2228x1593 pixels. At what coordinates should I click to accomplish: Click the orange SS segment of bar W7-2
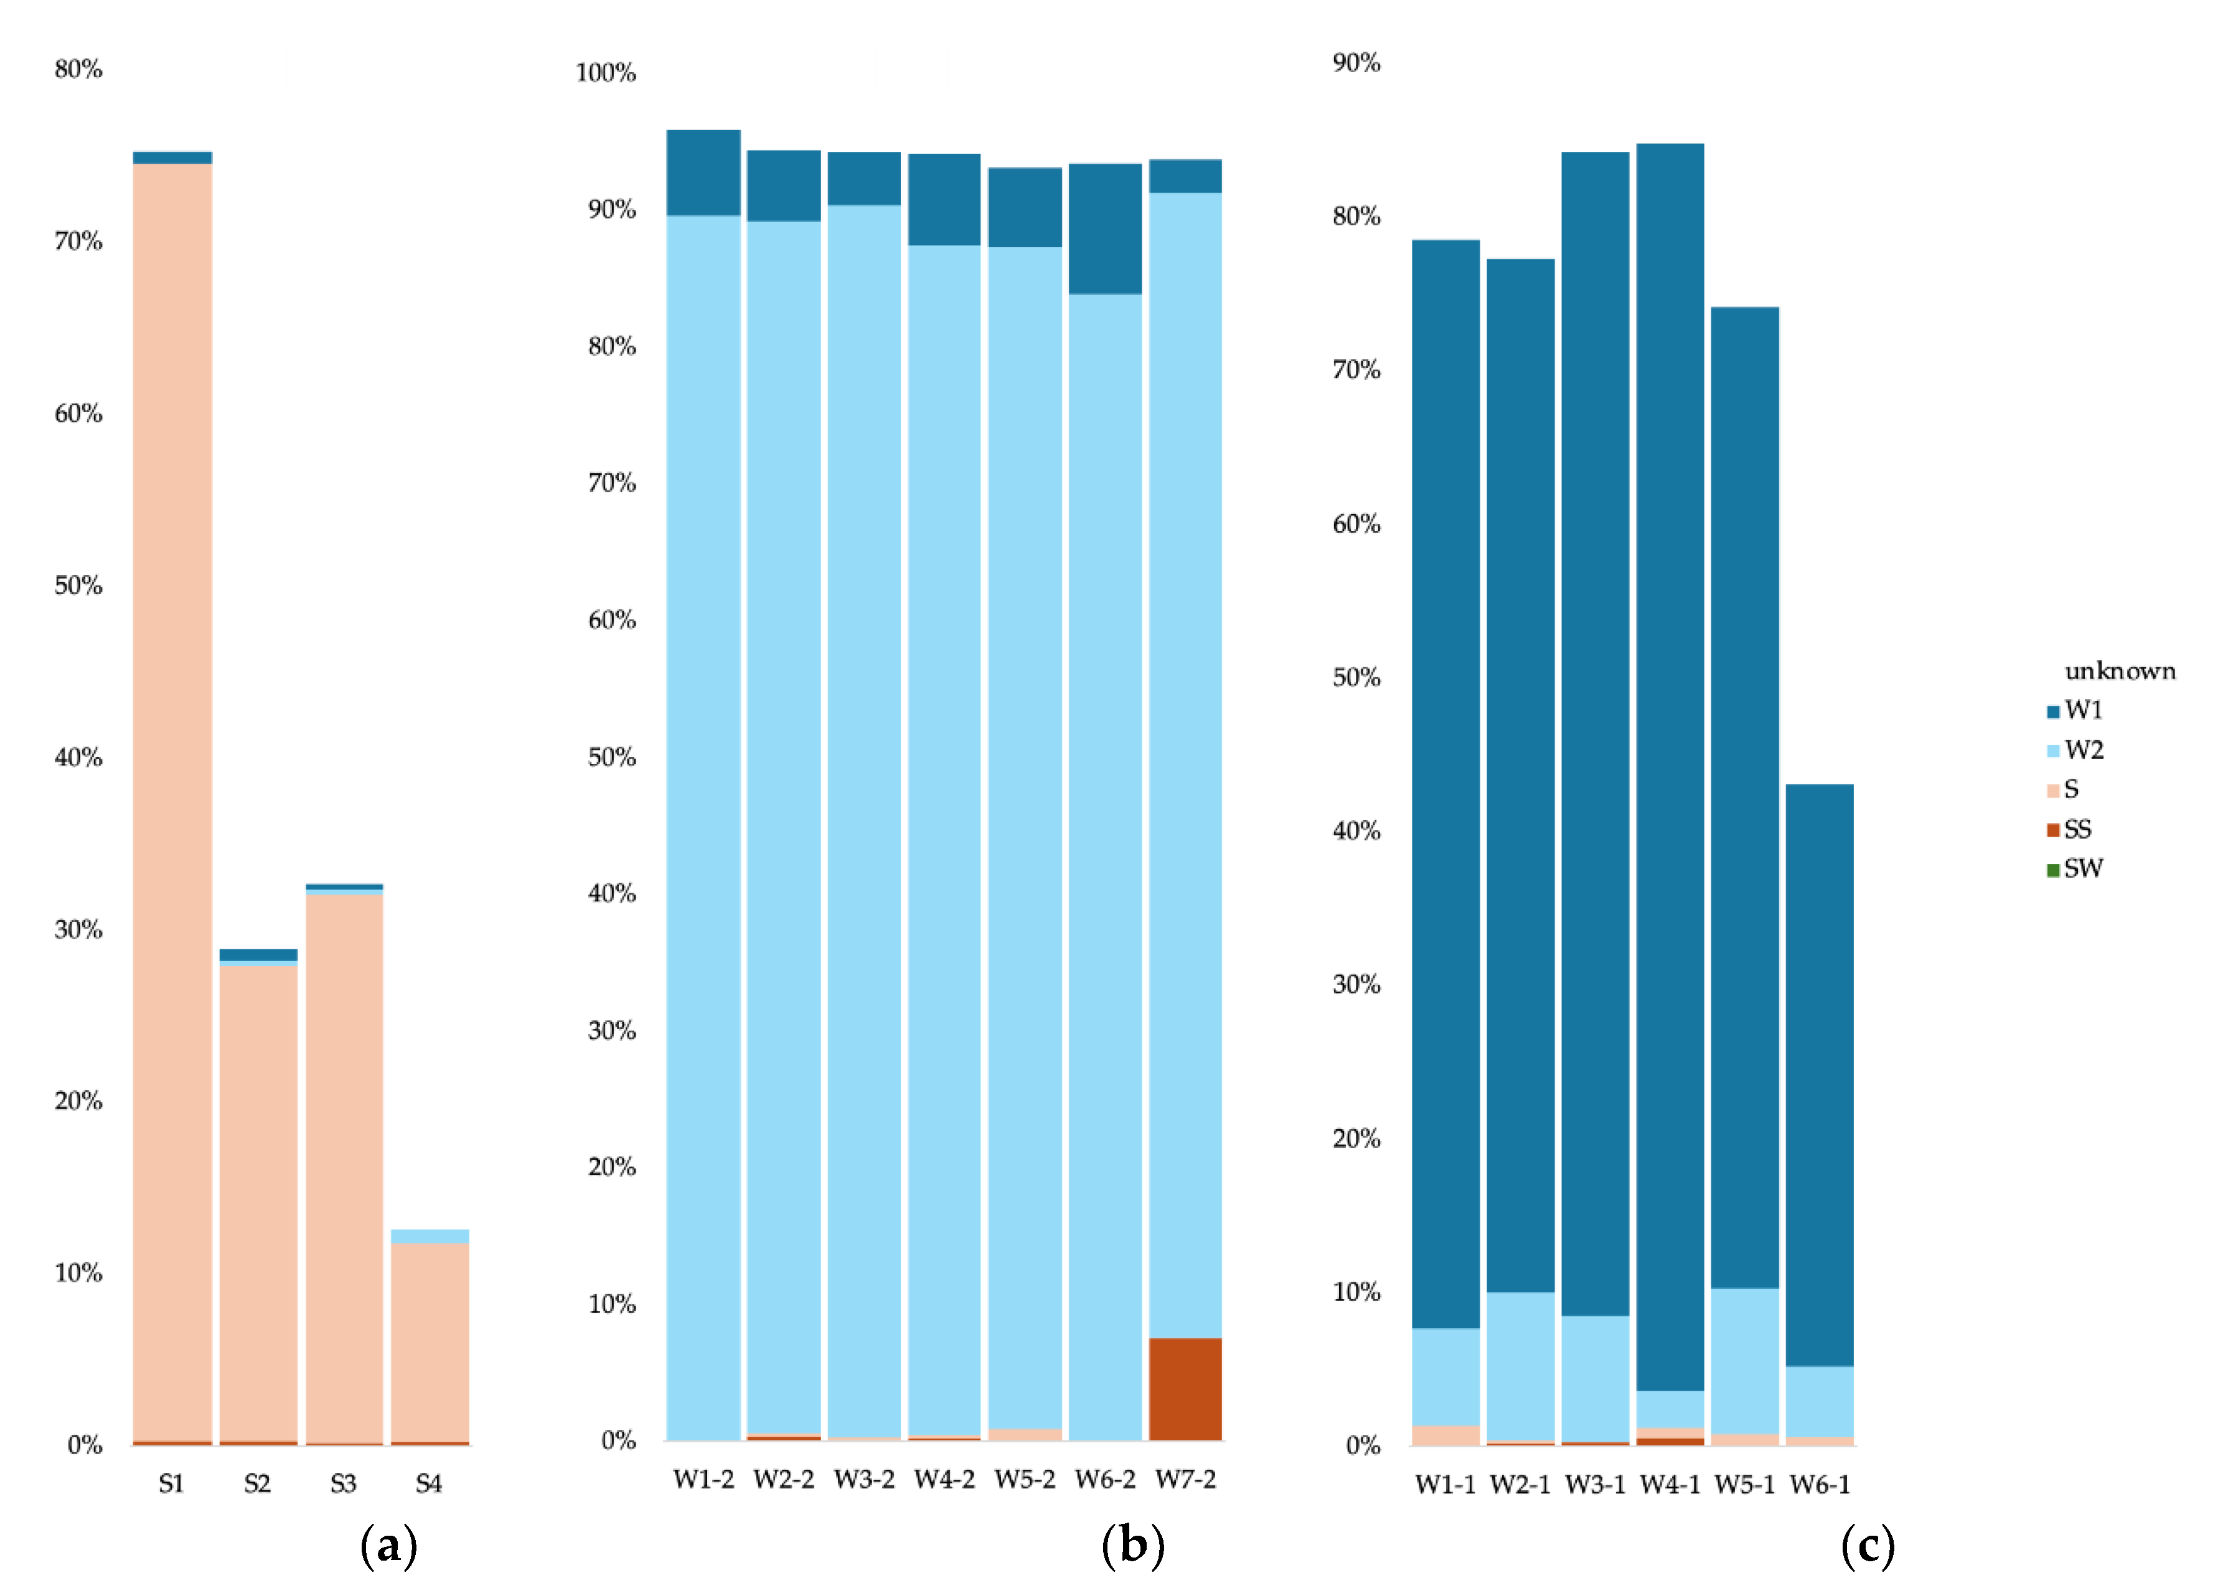[x=1185, y=1388]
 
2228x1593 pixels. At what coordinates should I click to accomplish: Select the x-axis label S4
[x=428, y=1483]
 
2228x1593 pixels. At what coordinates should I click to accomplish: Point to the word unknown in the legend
[x=2119, y=671]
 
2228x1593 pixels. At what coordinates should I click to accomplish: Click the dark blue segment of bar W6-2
[x=1105, y=228]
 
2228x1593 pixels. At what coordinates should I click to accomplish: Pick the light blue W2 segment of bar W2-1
[x=1520, y=1365]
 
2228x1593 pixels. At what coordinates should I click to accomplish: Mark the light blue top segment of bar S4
[x=430, y=1236]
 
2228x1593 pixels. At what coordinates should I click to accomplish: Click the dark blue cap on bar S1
[x=172, y=157]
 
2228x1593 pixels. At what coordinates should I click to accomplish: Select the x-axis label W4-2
[x=944, y=1479]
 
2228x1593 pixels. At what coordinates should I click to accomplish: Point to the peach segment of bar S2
[x=258, y=1201]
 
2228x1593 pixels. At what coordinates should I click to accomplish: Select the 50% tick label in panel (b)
[x=612, y=757]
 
